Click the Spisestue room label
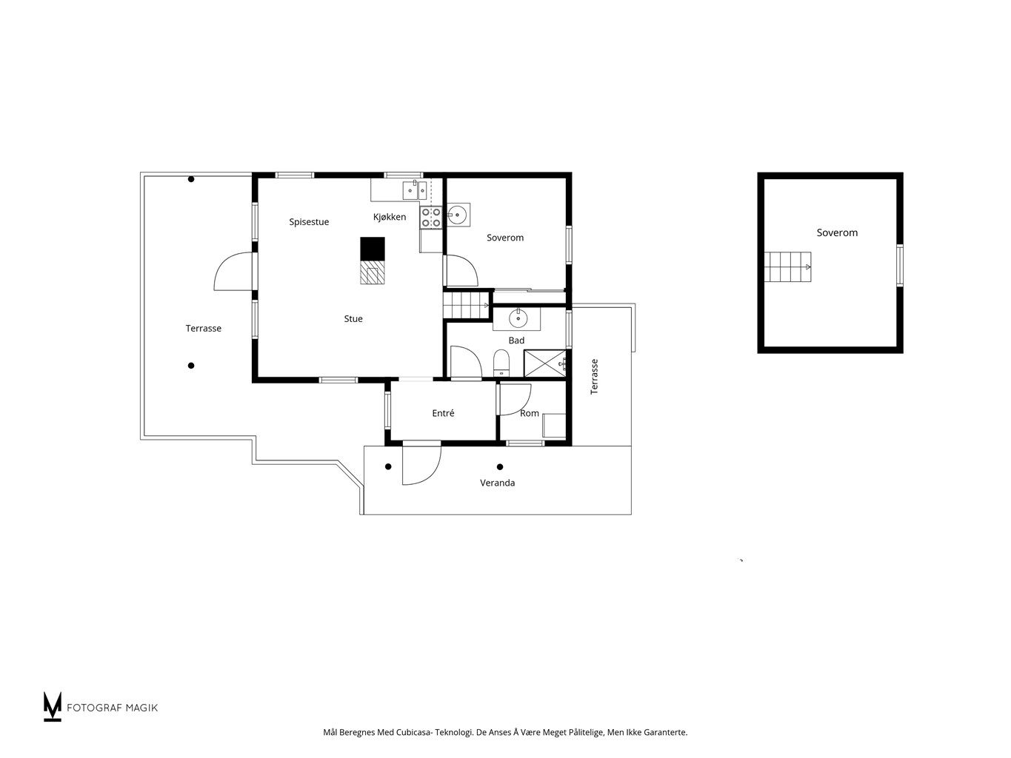[309, 222]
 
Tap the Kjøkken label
[389, 217]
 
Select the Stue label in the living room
[353, 318]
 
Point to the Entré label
[443, 413]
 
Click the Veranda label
[497, 483]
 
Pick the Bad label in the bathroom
[515, 340]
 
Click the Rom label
[530, 413]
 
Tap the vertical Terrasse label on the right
[594, 377]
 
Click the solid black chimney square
[372, 249]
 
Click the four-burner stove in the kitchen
[430, 218]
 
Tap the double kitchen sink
[415, 190]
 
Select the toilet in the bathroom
[501, 363]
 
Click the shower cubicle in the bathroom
[544, 363]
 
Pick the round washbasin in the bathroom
[518, 318]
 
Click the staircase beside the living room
[466, 305]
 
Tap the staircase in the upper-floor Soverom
[787, 266]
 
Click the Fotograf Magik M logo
[52, 706]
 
